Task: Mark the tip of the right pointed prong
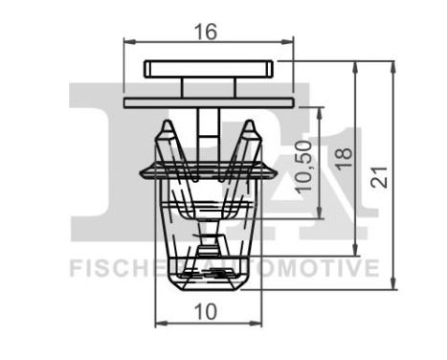tap(250, 124)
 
